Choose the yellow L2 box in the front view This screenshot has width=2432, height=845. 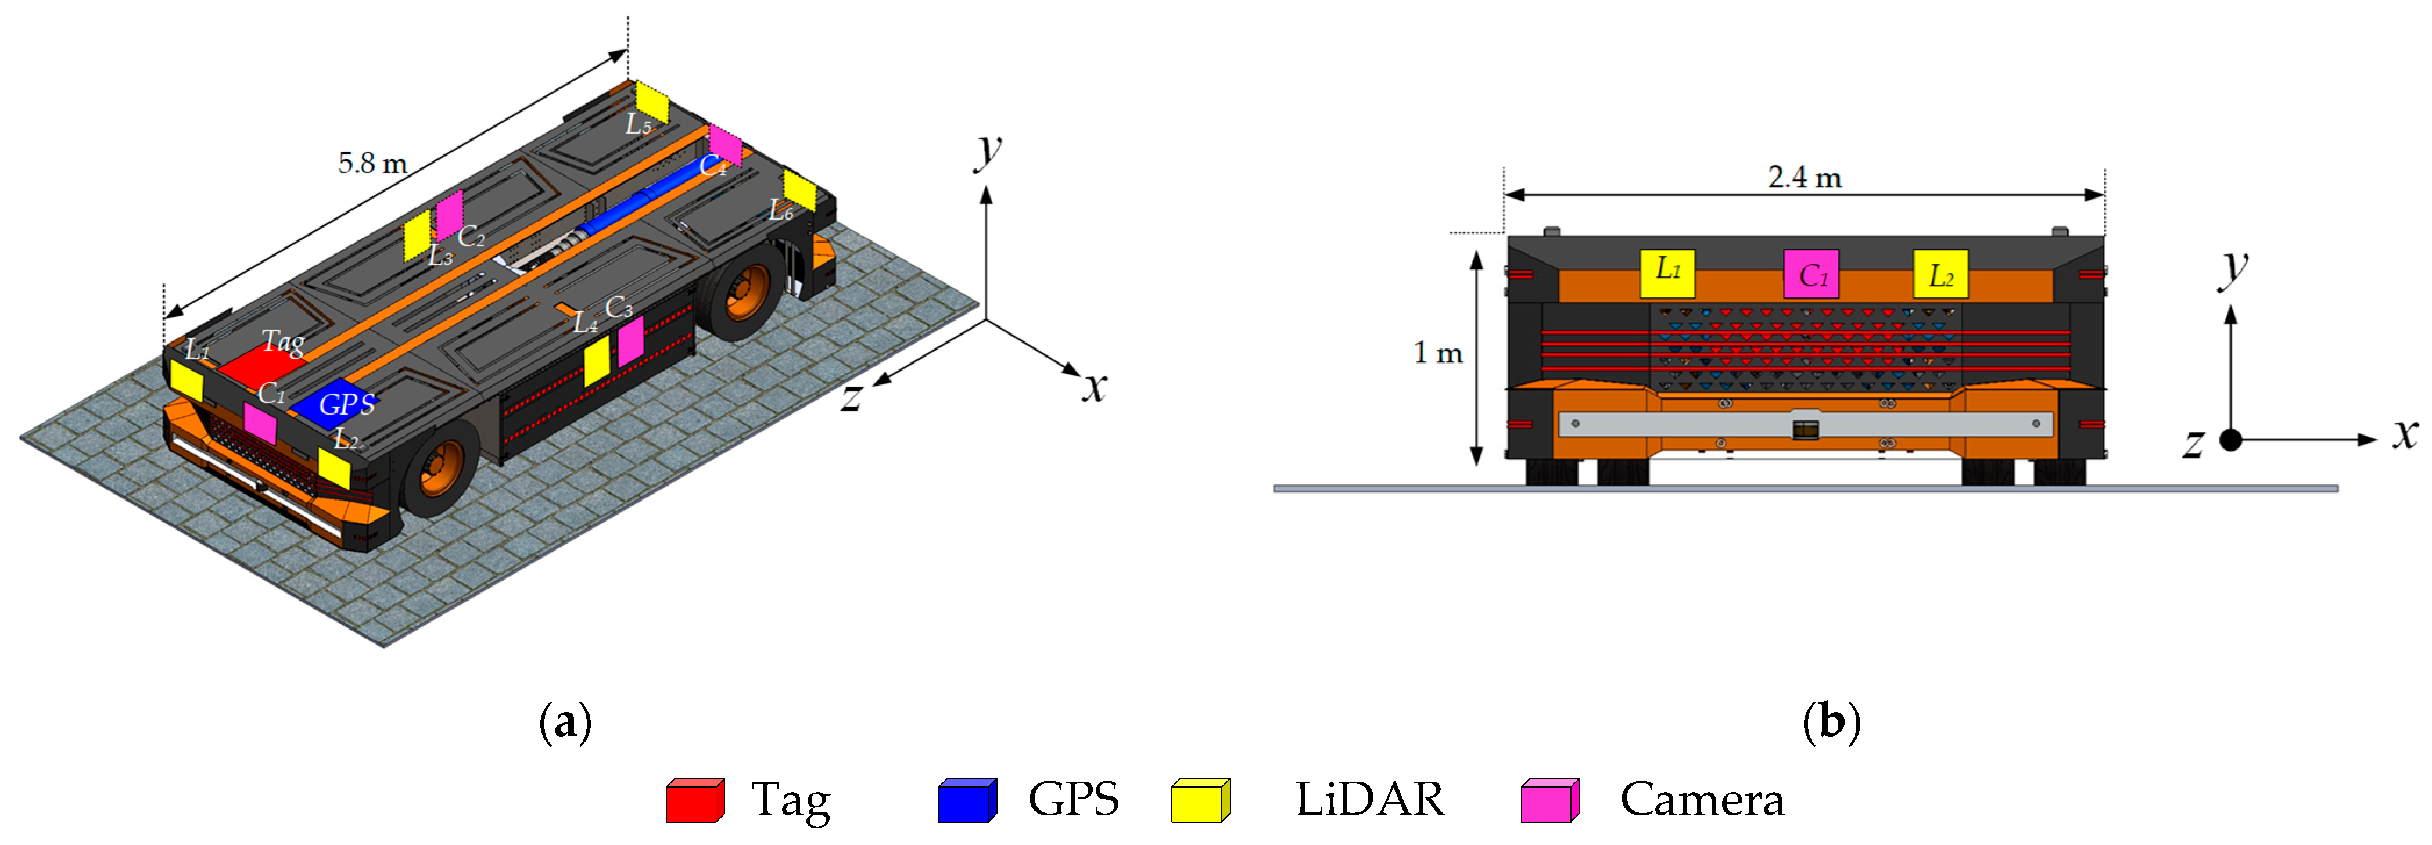pos(1940,274)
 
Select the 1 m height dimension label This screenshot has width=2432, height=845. pos(1437,353)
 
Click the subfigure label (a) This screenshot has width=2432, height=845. pos(565,722)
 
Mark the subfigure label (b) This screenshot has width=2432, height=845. pos(1831,722)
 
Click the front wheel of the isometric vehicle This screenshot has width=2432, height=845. pos(440,468)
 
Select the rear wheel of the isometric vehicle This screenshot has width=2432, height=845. pos(746,291)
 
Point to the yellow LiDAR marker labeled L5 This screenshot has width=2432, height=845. pos(651,102)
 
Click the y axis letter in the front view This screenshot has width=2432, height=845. pos(2234,269)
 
